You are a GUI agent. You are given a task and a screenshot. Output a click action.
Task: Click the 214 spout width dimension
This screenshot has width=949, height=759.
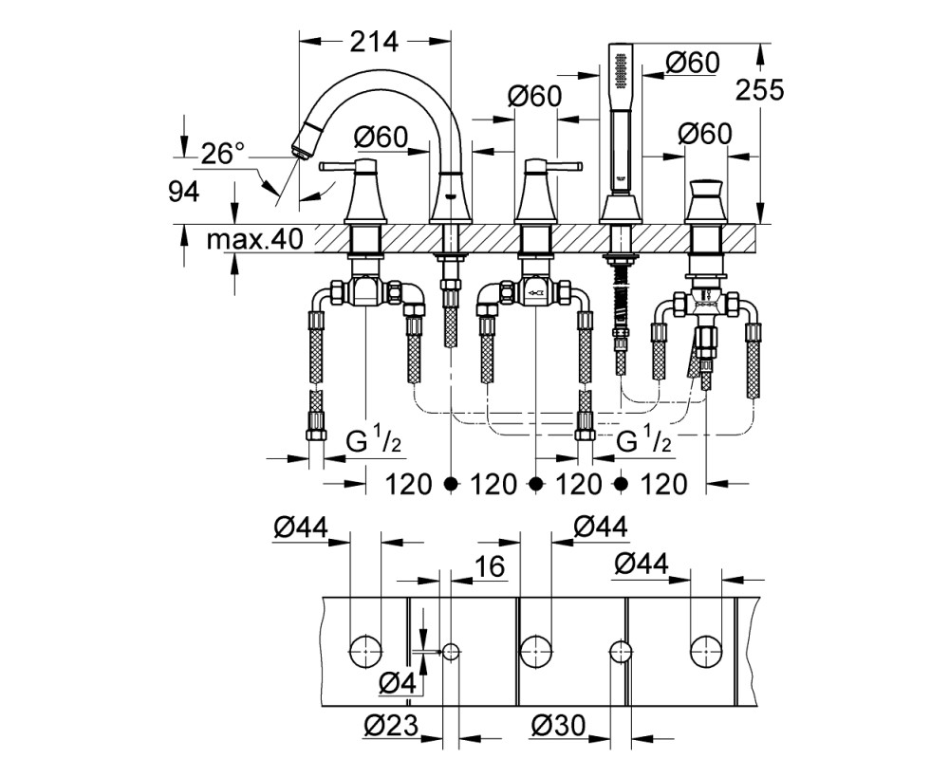pos(375,42)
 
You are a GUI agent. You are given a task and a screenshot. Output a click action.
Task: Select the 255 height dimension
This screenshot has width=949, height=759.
pos(759,90)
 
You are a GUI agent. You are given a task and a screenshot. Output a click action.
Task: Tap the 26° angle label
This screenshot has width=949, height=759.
pos(223,154)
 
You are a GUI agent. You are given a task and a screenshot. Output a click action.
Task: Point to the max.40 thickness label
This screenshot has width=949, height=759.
pos(254,240)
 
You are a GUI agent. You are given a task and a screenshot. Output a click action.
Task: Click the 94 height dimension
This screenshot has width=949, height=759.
pos(184,193)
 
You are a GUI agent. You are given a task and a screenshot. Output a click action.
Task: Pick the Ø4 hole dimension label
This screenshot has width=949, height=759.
pos(398,684)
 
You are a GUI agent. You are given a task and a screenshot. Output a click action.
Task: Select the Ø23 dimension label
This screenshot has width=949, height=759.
pos(392,725)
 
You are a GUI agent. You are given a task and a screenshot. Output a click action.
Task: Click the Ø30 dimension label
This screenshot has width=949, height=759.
pos(559,725)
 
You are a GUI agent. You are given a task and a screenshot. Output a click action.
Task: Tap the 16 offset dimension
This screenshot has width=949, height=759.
pos(489,566)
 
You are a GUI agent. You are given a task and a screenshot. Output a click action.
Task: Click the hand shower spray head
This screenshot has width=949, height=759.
pos(619,69)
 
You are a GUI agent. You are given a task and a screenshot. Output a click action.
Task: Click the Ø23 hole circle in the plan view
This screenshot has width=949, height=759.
pos(450,651)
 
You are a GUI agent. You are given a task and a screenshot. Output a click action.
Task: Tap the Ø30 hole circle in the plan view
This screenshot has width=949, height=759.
pos(620,651)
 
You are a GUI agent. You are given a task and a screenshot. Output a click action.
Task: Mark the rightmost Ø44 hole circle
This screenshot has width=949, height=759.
pos(706,651)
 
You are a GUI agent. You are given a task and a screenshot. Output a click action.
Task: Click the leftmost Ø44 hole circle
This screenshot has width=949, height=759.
pos(366,651)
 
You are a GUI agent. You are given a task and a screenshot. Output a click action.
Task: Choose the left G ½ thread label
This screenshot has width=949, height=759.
pos(373,441)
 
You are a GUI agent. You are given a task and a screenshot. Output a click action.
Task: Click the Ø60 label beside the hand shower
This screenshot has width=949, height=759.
pos(693,63)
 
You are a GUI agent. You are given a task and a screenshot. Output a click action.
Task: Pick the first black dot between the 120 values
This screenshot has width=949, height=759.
pos(450,483)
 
